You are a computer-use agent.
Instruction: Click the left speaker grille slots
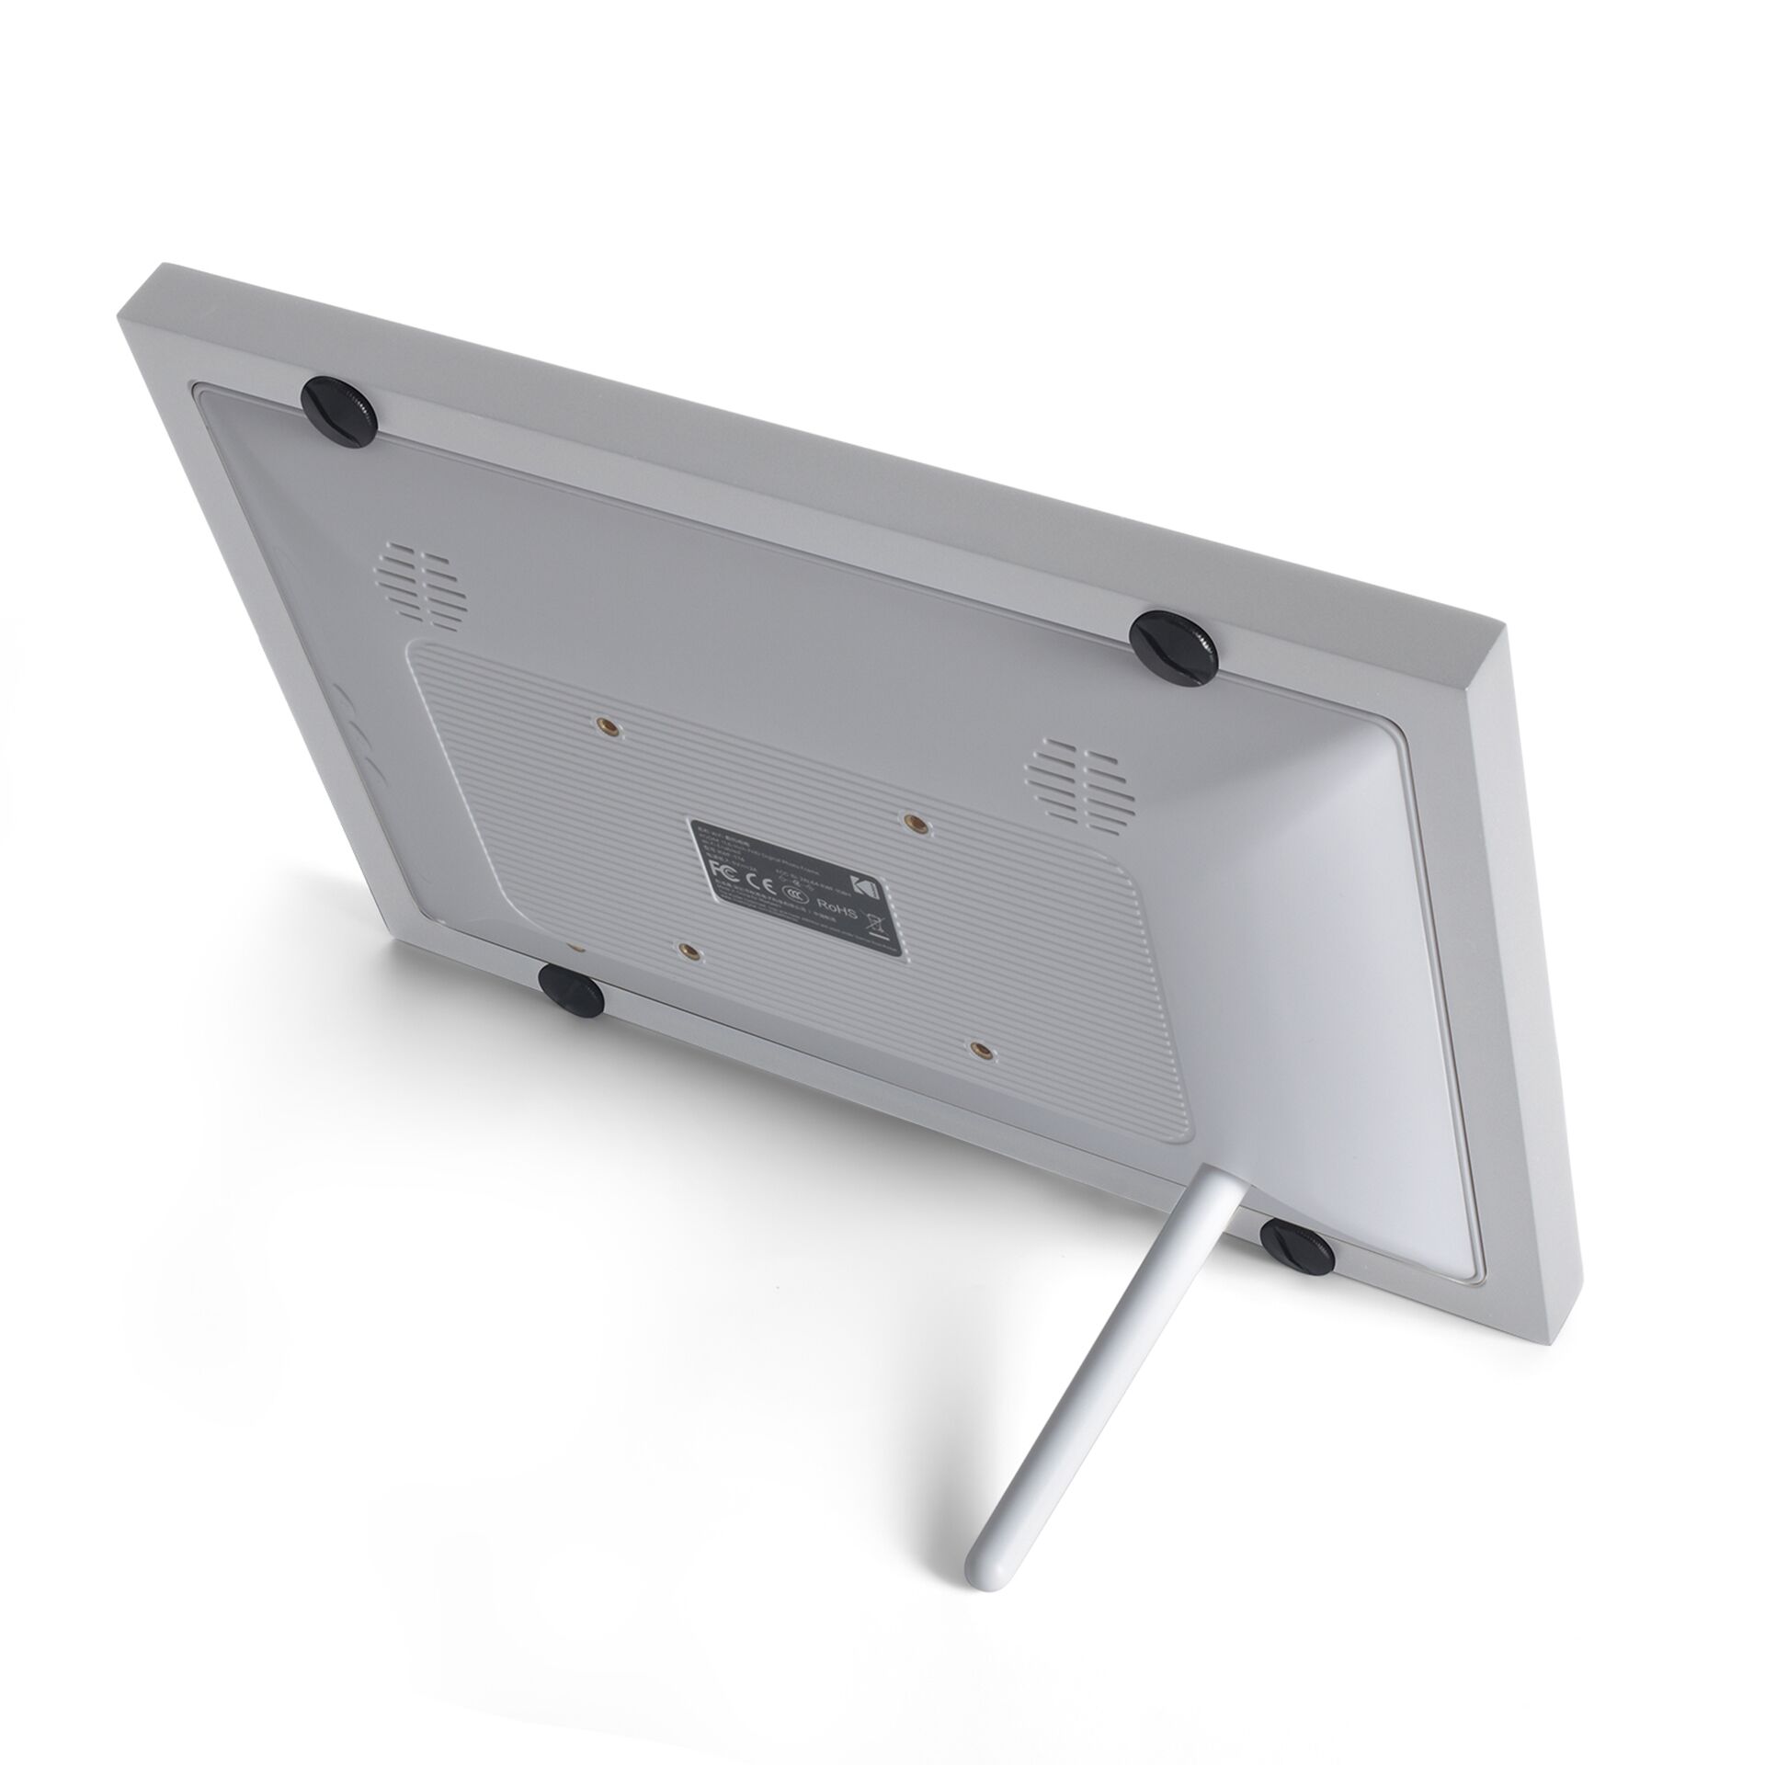(418, 587)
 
